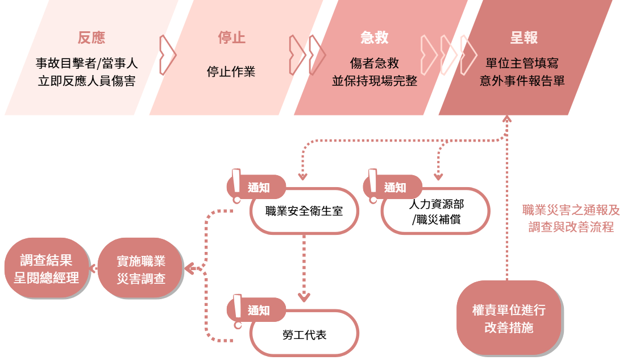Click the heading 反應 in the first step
point(92,38)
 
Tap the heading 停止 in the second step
point(231,38)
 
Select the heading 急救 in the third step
point(375,38)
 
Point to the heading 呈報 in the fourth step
point(523,38)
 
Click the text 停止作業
point(231,72)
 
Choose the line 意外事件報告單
point(522,81)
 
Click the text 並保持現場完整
point(375,81)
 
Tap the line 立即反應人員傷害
point(86,81)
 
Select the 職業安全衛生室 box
point(304,211)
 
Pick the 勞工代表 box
point(304,335)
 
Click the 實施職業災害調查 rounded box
point(140,270)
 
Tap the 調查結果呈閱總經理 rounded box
point(47,269)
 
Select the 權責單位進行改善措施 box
point(509,319)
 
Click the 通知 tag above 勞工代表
point(259,311)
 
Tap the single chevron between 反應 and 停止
point(167,55)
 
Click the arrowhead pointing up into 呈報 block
point(506,119)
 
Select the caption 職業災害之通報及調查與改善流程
point(571,218)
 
